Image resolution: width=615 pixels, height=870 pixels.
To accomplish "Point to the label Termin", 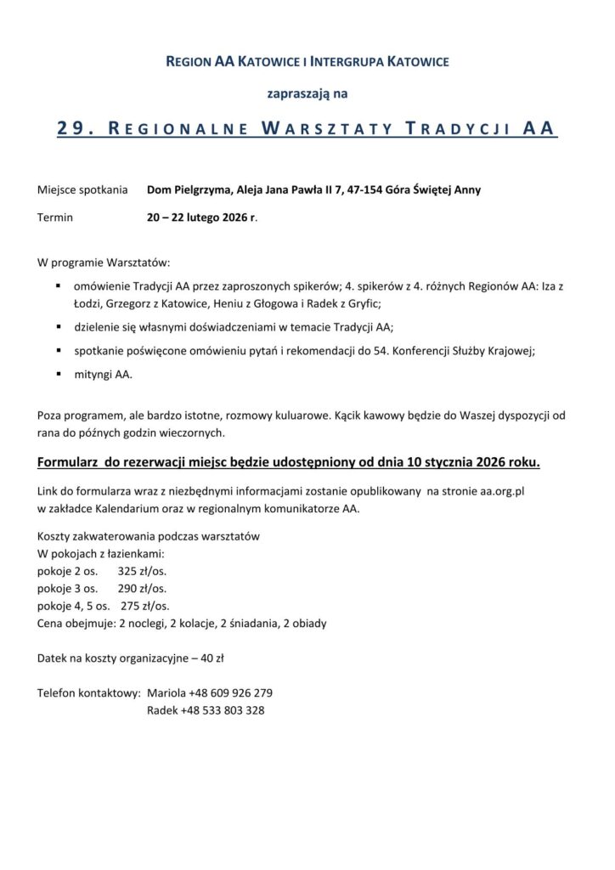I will click(55, 217).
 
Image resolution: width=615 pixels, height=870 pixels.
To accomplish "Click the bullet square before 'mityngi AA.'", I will click(59, 373).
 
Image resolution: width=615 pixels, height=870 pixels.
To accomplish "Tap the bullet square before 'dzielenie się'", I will click(59, 325).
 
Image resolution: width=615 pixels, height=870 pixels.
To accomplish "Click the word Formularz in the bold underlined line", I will click(69, 463).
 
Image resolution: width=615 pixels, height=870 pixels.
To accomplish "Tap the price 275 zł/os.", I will click(144, 606).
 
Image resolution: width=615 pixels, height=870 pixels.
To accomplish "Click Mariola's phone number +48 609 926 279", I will click(232, 692).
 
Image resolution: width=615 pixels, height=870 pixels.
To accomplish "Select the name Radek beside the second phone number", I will click(162, 710).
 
